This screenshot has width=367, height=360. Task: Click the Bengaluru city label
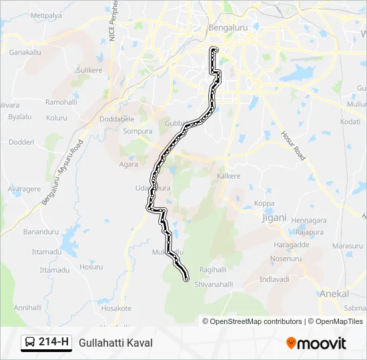pyautogui.click(x=228, y=28)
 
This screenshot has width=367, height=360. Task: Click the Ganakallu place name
pyautogui.click(x=25, y=52)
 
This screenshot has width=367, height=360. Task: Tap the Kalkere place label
pyautogui.click(x=228, y=177)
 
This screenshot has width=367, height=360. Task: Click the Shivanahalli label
pyautogui.click(x=213, y=284)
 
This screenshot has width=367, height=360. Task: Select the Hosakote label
pyautogui.click(x=116, y=308)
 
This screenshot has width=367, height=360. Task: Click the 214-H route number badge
pyautogui.click(x=54, y=343)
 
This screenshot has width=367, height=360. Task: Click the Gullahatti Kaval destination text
pyautogui.click(x=115, y=343)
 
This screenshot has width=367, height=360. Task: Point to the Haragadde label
pyautogui.click(x=292, y=245)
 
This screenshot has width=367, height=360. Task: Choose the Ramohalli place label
pyautogui.click(x=61, y=102)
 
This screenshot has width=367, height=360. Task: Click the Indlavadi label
pyautogui.click(x=274, y=279)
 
